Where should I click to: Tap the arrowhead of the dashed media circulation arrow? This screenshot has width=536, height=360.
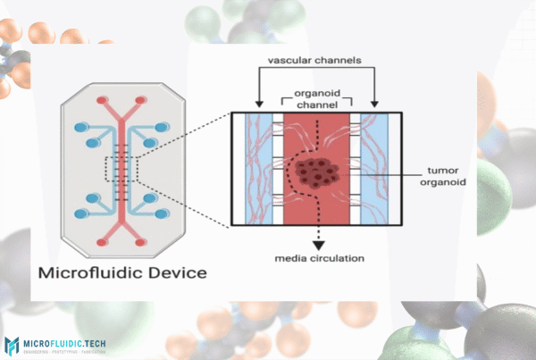[315, 241]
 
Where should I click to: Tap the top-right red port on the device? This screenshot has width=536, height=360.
[141, 100]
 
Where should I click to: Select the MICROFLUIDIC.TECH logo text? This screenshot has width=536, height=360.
[68, 342]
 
